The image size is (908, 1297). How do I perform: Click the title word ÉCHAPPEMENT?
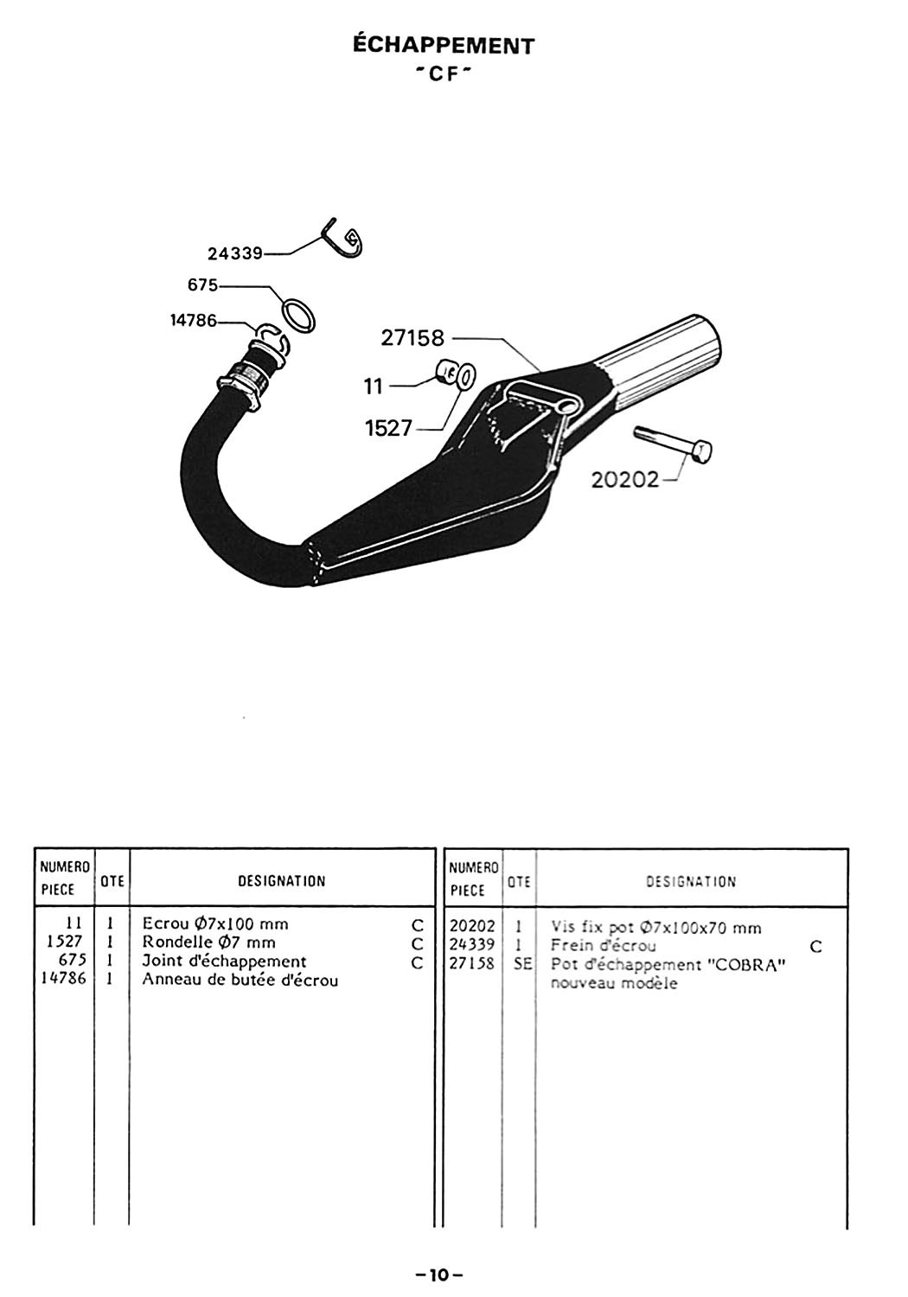point(444,46)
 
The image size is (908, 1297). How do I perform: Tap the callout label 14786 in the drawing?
point(194,321)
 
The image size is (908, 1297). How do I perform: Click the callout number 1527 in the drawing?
point(388,428)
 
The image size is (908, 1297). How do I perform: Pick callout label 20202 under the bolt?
point(624,479)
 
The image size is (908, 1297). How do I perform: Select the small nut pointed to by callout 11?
point(446,374)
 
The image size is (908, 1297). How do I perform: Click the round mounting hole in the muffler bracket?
point(567,406)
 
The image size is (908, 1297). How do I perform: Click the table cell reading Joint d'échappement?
point(224,962)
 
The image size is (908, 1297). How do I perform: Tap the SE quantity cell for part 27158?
point(521,964)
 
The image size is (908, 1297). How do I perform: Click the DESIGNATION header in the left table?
point(281,881)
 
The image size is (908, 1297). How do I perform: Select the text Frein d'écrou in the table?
point(603,946)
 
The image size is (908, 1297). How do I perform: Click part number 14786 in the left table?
point(64,980)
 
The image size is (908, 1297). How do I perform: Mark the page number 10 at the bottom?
point(441,1275)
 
